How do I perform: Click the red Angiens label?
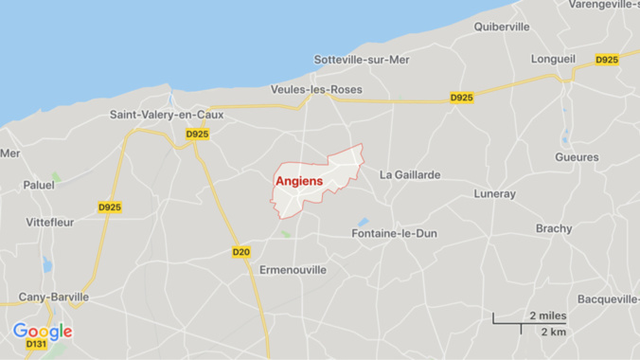point(299,181)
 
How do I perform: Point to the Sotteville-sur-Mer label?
point(362,60)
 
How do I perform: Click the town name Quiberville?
point(502,27)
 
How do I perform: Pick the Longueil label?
point(554,58)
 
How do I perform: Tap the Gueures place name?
point(578,157)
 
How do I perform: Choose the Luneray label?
point(495,194)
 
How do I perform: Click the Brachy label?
point(554,228)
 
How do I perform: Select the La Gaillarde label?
point(410,174)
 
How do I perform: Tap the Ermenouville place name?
point(293,270)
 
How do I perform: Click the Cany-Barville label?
point(54,297)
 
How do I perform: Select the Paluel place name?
point(39,185)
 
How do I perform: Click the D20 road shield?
point(240,252)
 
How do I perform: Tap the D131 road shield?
point(36,345)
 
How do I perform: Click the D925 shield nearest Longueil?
point(607,61)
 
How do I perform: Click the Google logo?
point(43,332)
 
